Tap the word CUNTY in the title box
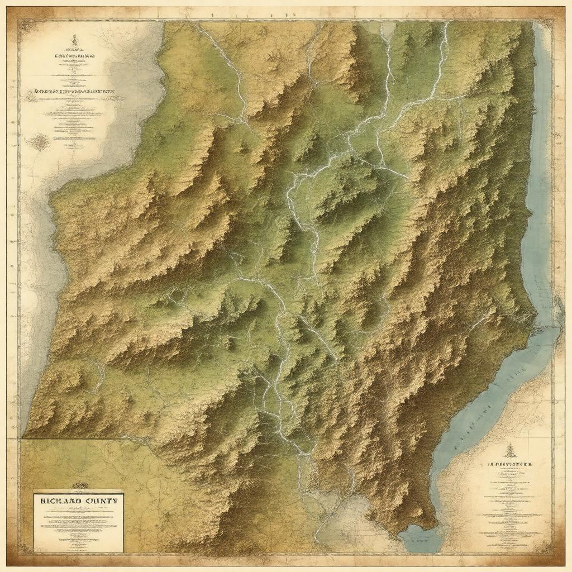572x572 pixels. [x=100, y=501]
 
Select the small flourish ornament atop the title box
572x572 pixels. [x=79, y=485]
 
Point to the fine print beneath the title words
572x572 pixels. [x=78, y=525]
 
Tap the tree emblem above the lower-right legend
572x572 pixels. [x=509, y=450]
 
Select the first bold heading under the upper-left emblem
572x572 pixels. [x=74, y=56]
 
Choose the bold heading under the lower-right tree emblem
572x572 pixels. [x=509, y=464]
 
